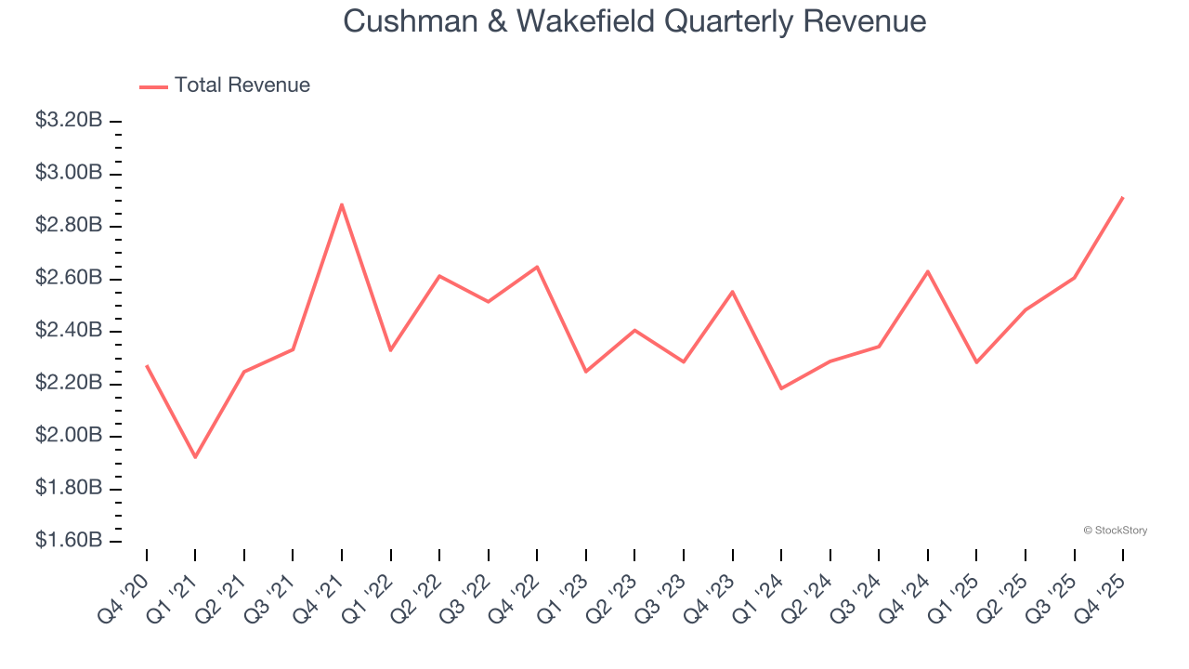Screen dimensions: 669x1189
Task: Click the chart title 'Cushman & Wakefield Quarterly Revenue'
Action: (x=634, y=21)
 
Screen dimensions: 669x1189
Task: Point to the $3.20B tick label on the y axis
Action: (x=68, y=121)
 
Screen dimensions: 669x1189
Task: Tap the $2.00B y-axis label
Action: (x=68, y=436)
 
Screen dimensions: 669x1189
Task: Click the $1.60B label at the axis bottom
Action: (x=68, y=541)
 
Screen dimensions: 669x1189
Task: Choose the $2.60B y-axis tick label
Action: (x=68, y=279)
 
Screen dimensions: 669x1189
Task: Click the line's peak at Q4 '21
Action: (x=342, y=204)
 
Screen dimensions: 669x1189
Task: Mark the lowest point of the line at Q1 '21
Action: (x=195, y=457)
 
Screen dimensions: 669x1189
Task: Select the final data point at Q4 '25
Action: (x=1123, y=197)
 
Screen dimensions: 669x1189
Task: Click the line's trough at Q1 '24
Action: (x=781, y=388)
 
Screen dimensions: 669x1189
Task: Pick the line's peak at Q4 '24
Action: (x=928, y=271)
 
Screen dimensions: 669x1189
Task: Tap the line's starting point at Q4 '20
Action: (x=147, y=366)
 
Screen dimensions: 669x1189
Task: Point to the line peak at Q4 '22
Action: (x=537, y=267)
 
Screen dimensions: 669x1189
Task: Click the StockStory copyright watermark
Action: (x=1115, y=531)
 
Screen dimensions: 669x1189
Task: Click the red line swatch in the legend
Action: (x=153, y=86)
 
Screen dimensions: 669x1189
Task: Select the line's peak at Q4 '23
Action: (x=733, y=292)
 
